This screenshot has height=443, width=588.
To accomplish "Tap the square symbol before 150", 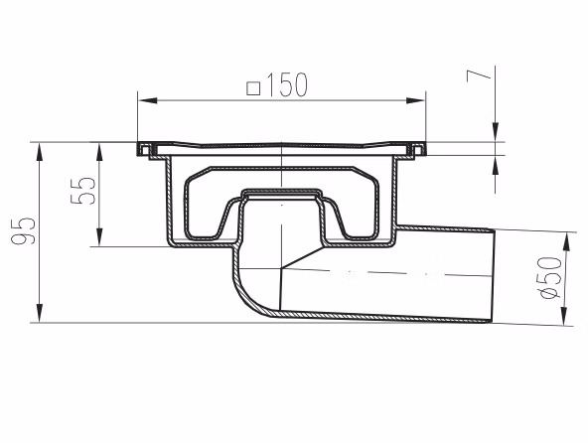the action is click(x=253, y=89).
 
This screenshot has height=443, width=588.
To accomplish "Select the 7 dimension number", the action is click(x=479, y=76).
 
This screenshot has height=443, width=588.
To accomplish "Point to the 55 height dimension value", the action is click(x=83, y=191).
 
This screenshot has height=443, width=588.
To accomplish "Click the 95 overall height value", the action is click(x=23, y=230).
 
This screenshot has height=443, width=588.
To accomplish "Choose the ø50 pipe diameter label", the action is click(x=551, y=278).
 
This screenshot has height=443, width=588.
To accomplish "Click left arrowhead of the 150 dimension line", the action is click(x=147, y=100).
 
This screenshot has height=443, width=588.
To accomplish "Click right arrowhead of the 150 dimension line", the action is click(x=416, y=100).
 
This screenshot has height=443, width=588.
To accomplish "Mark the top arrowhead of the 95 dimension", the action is click(x=39, y=152).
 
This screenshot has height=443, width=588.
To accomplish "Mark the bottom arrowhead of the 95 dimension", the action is click(x=39, y=313).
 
